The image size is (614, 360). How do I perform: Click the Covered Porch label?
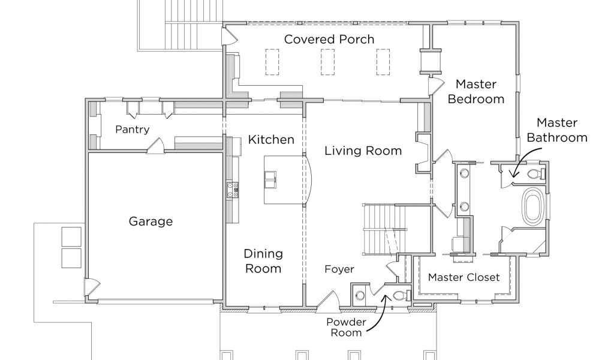pos(329,39)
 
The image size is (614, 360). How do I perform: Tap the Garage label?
pos(151,221)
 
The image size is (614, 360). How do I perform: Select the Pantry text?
pos(133,129)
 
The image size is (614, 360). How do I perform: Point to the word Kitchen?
pos(271,139)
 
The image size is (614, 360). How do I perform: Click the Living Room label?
pos(363,151)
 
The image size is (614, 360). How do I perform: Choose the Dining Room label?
pos(263,261)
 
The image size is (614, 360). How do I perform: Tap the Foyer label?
pos(339,269)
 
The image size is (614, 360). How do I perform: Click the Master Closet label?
pos(463,277)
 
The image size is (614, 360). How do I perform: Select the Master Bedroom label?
pos(475,92)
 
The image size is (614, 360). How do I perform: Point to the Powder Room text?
pos(346,328)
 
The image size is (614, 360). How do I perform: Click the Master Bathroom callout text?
pos(557,130)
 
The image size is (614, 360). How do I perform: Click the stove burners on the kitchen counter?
pos(232,190)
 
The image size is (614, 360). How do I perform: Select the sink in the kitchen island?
pos(270,180)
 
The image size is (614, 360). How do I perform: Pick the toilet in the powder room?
pos(400,295)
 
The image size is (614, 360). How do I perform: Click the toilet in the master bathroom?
pos(535,173)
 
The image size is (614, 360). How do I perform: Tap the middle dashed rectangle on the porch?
pos(328,62)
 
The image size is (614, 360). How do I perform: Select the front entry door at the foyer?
pos(327,299)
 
